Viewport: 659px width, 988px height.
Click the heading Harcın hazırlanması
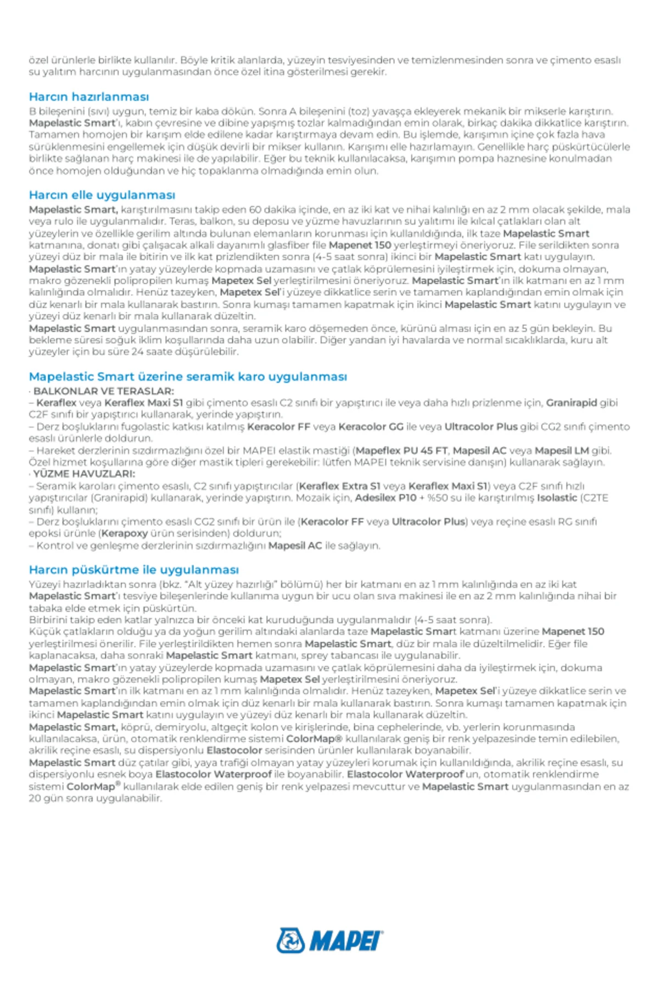89,97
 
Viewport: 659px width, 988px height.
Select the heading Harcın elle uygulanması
102,195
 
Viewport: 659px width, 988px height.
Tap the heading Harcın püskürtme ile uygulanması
134,570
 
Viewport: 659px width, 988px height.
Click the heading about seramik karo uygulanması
188,377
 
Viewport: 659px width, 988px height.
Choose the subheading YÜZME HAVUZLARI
84,474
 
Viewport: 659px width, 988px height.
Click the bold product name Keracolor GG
371,426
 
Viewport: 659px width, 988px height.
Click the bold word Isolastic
557,498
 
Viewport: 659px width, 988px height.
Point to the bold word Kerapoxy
125,533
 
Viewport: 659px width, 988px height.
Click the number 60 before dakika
255,210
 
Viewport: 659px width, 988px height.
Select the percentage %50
438,498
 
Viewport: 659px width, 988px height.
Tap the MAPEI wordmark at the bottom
346,941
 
